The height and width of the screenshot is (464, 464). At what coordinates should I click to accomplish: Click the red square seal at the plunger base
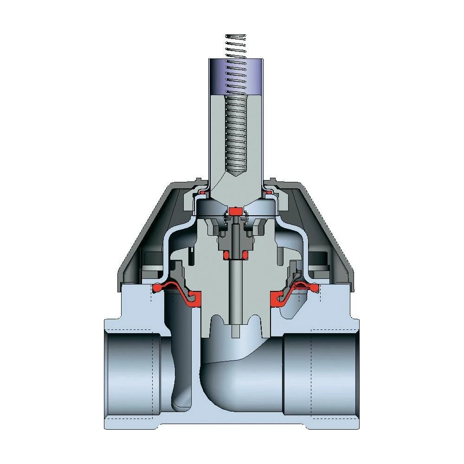236,211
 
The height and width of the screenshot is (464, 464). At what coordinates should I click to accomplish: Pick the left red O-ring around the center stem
226,255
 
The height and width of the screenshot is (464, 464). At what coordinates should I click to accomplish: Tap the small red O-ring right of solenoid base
268,191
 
